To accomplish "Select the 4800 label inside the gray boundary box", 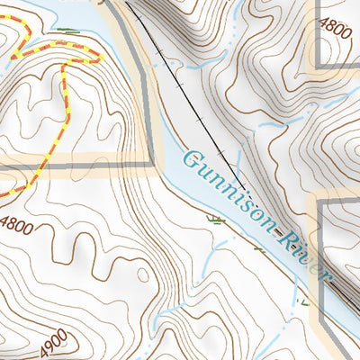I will coord(334,27).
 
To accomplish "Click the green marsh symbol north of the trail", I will coord(65,30).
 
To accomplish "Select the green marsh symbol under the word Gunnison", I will coord(215,219).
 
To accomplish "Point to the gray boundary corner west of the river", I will coord(149,166).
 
